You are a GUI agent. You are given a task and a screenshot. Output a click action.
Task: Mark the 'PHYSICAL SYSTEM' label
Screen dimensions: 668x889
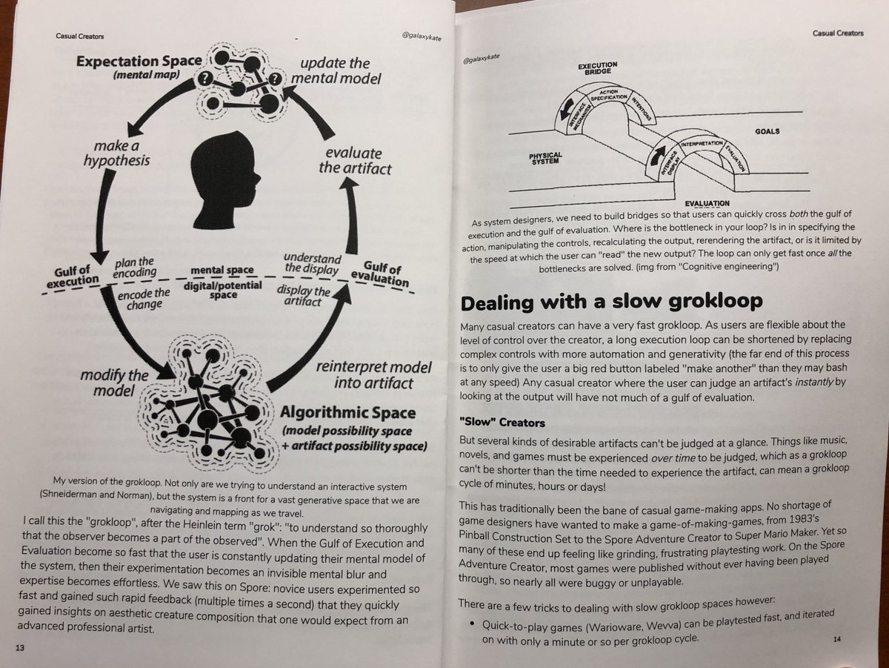546,159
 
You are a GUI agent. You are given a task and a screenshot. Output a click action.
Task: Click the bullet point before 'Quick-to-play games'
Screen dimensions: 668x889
470,625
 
